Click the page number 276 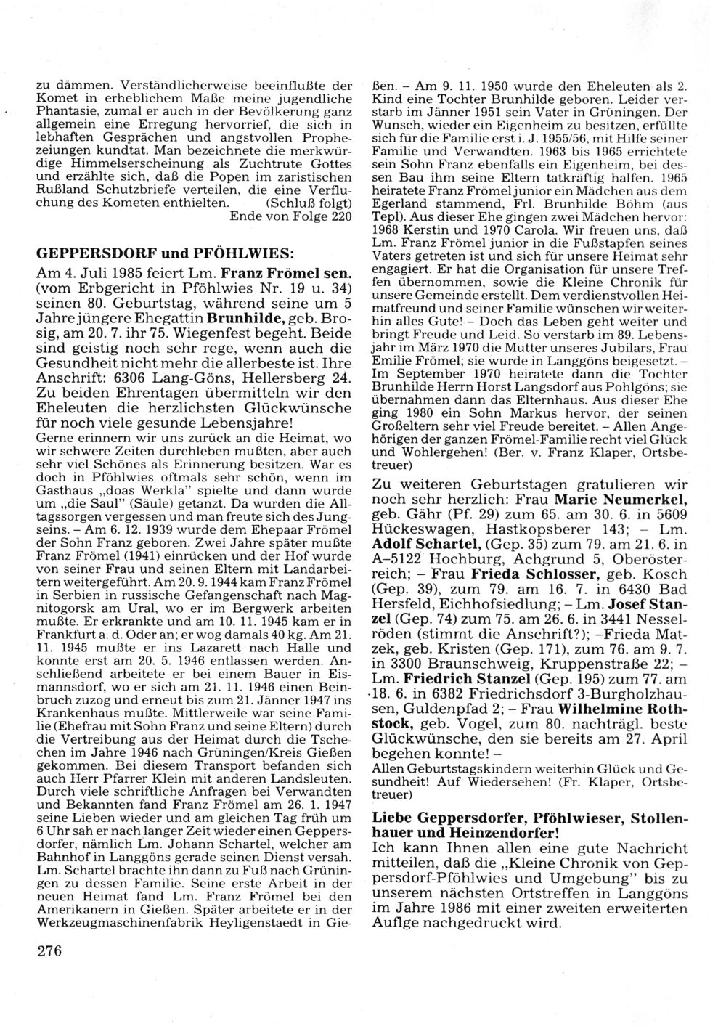pyautogui.click(x=49, y=952)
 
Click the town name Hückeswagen pyautogui.click(x=415, y=529)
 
